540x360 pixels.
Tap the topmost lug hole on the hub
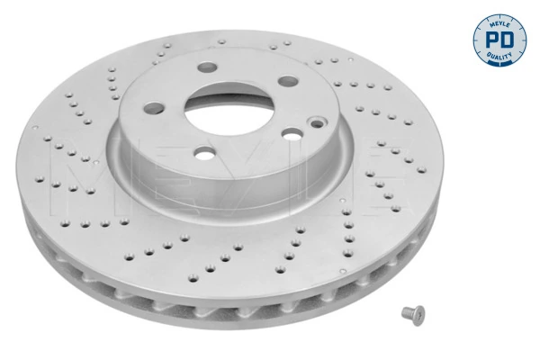tap(207, 67)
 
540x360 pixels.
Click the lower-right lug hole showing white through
tap(292, 134)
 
